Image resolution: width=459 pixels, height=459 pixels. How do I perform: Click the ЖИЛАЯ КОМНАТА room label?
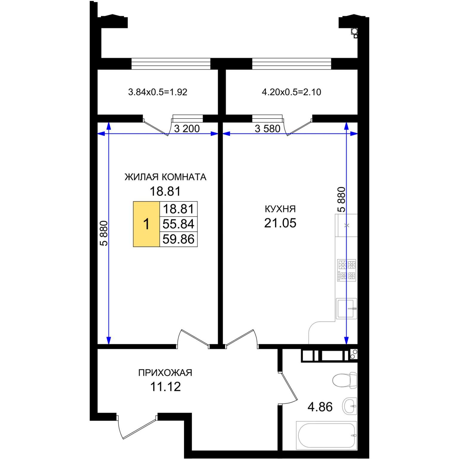(x=165, y=177)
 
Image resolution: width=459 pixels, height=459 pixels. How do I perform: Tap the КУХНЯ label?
(x=280, y=209)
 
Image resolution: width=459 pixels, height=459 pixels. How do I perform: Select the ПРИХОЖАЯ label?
(x=165, y=373)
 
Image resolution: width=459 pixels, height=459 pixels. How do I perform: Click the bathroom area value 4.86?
(x=320, y=407)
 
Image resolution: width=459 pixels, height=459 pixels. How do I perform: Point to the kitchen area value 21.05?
(x=280, y=223)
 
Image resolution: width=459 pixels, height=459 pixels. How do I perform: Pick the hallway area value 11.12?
(x=165, y=386)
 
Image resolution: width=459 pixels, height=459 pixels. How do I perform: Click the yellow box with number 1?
(x=146, y=224)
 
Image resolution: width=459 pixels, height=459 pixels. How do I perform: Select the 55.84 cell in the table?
(x=178, y=224)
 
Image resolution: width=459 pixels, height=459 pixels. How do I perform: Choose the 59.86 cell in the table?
(x=178, y=239)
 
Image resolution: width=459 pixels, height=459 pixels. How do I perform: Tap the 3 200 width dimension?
(x=187, y=128)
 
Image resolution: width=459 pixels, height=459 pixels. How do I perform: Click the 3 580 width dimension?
(x=267, y=128)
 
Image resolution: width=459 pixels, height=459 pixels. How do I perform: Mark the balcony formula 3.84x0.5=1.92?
(x=157, y=92)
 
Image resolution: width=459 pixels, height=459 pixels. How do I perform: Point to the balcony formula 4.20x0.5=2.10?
(x=291, y=92)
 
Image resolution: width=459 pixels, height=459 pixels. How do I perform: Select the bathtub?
(x=326, y=435)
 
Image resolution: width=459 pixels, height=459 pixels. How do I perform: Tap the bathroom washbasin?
(x=350, y=406)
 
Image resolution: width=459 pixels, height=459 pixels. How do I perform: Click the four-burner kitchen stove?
(x=347, y=270)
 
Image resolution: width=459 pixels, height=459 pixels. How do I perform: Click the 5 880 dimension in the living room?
(x=104, y=233)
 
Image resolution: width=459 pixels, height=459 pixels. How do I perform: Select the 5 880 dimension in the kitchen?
(x=341, y=200)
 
